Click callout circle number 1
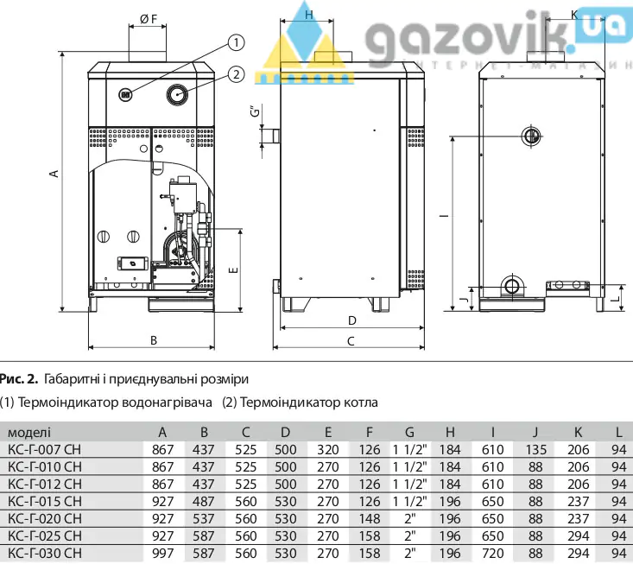point(237,41)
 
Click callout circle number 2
point(237,74)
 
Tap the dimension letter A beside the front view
point(54,174)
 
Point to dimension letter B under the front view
point(154,339)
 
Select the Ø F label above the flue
point(148,17)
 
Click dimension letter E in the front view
point(231,269)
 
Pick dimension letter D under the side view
point(351,320)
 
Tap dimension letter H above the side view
point(308,15)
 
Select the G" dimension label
point(253,113)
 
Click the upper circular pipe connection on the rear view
point(529,135)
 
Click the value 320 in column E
point(328,449)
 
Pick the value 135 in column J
point(535,449)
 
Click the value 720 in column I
point(493,553)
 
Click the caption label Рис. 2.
point(19,378)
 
